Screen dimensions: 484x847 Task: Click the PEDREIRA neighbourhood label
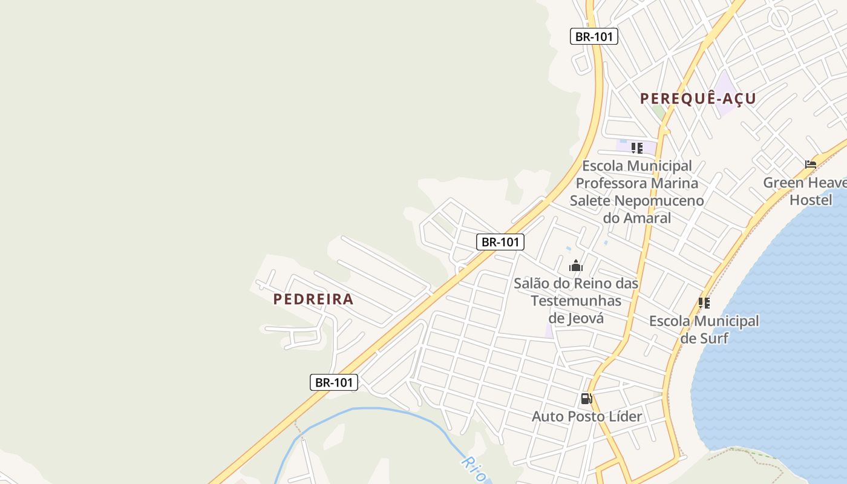313,299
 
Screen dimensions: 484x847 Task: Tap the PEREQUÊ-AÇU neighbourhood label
698,99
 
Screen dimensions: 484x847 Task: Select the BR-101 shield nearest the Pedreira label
334,382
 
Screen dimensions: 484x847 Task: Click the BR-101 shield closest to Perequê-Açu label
594,36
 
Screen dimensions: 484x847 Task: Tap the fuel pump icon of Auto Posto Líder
586,399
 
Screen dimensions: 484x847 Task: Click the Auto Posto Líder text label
586,416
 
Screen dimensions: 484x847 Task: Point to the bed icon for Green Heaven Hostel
811,164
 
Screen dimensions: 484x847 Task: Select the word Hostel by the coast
811,200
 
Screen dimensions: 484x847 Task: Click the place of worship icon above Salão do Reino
575,266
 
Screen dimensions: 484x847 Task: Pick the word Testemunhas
576,301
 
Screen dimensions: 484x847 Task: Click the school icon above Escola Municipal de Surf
704,302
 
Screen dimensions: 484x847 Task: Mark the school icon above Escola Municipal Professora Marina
636,148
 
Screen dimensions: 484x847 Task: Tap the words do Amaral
636,218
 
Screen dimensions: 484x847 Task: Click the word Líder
626,416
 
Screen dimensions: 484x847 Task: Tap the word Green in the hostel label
783,182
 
